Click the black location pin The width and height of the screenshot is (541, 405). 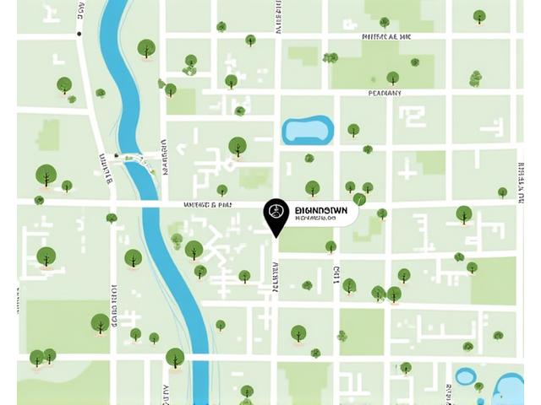pyautogui.click(x=276, y=215)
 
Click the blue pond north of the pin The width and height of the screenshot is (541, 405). pyautogui.click(x=308, y=130)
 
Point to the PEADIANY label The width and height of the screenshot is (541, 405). pyautogui.click(x=385, y=93)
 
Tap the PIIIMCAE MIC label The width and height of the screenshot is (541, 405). pyautogui.click(x=385, y=37)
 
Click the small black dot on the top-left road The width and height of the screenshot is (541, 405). pyautogui.click(x=79, y=34)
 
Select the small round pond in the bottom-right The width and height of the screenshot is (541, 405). pyautogui.click(x=465, y=376)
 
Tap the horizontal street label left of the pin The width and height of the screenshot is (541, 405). pyautogui.click(x=207, y=205)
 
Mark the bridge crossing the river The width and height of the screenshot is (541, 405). pyautogui.click(x=135, y=159)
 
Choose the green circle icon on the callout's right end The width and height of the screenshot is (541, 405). pyautogui.click(x=359, y=200)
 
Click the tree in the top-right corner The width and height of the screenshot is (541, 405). pyautogui.click(x=479, y=15)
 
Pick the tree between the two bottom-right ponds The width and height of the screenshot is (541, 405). pyautogui.click(x=479, y=386)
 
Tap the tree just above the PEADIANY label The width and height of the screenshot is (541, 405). pyautogui.click(x=392, y=78)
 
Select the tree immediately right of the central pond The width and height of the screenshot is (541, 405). pyautogui.click(x=353, y=130)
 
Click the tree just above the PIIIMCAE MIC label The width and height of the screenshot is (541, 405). pyautogui.click(x=385, y=23)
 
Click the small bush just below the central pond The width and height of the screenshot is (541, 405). pyautogui.click(x=309, y=158)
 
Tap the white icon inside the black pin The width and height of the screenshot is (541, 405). pyautogui.click(x=276, y=210)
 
